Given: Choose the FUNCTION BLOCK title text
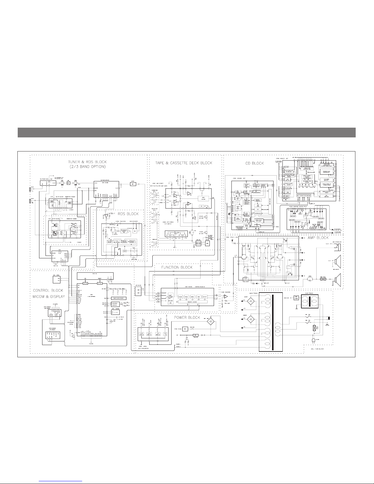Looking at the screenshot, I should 177,267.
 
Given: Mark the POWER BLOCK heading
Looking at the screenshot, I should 187,318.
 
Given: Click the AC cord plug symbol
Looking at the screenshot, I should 329,318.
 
